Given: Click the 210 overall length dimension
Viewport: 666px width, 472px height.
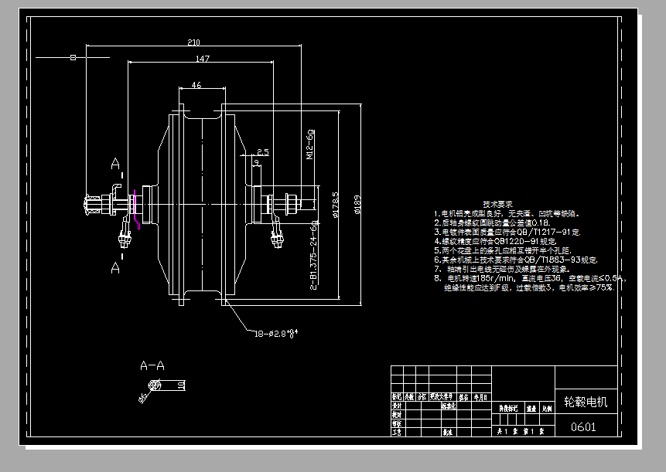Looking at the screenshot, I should (193, 42).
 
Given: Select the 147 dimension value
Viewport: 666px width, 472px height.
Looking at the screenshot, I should (202, 59).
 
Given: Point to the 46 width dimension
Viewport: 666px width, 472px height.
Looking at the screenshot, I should (196, 86).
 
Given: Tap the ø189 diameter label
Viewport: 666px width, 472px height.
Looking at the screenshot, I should (357, 205).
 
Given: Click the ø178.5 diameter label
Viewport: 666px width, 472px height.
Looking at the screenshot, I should (335, 205).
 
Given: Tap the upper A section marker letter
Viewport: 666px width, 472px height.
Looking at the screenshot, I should (115, 164).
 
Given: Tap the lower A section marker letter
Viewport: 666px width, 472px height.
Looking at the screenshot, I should (115, 267).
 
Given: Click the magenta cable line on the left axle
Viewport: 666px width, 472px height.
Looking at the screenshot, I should (136, 209).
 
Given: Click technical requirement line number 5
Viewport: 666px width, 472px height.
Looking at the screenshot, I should (437, 250).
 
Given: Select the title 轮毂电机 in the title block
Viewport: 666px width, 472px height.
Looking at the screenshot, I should (586, 402).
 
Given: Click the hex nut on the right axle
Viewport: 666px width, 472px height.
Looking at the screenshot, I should (292, 205).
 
